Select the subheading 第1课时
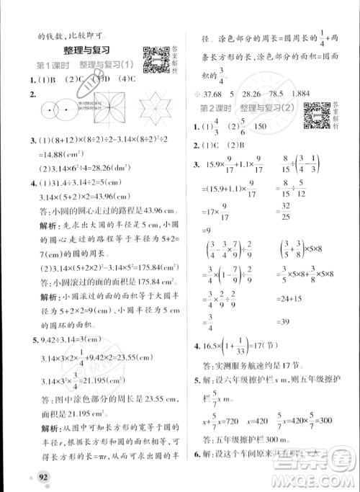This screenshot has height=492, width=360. point(52,66)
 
